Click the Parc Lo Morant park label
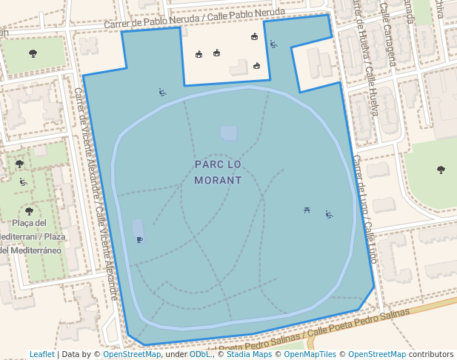[218, 172]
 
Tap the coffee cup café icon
[139, 239]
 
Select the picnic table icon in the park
[307, 212]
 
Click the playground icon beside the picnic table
[329, 215]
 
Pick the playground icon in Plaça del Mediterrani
[24, 181]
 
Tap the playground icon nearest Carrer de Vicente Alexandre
[162, 93]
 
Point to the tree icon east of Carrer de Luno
[441, 170]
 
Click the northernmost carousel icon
[254, 37]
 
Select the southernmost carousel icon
[256, 66]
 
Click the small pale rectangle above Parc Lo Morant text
[229, 133]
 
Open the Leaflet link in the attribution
[42, 354]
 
